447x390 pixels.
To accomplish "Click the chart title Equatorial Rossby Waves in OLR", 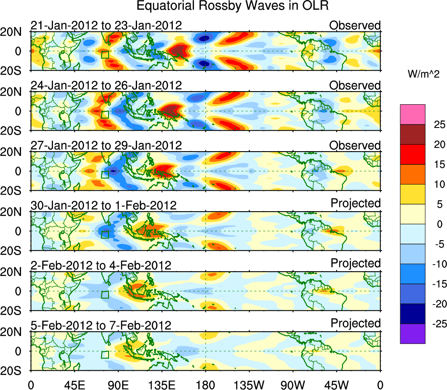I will tap(232, 6).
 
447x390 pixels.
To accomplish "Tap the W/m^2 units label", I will tap(423, 75).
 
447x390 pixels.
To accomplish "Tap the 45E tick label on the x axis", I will tap(74, 385).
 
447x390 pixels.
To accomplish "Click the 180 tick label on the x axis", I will tap(205, 385).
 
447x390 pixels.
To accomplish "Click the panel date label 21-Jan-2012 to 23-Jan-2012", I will tap(106, 25).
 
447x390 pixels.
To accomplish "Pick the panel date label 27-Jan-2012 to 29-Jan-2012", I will tap(106, 145).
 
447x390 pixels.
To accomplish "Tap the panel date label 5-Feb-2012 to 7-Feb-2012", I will tap(101, 325).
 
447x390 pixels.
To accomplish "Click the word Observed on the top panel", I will tap(355, 25).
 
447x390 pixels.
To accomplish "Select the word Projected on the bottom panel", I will tap(355, 323).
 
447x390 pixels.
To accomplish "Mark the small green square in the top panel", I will tap(105, 54).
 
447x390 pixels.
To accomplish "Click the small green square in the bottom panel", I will tap(105, 355).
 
